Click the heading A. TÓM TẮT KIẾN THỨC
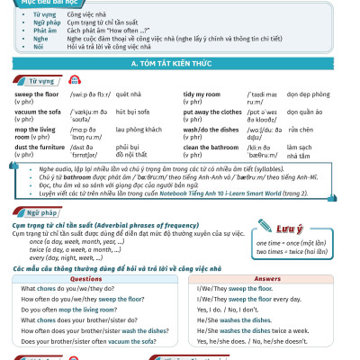click(180, 65)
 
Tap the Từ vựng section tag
click(36, 81)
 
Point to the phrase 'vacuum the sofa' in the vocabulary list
click(44, 111)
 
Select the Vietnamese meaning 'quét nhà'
click(132, 94)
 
